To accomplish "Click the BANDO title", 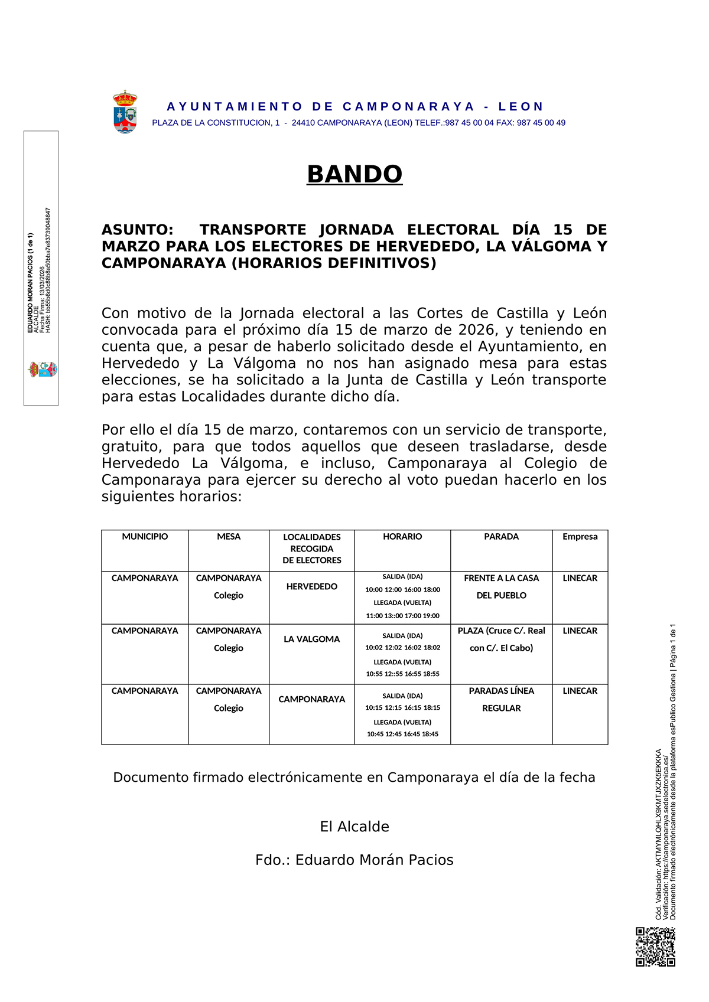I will [x=354, y=174].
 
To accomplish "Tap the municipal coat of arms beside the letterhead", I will [x=125, y=112].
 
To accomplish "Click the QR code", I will [x=655, y=946].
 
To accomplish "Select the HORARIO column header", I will [x=402, y=537].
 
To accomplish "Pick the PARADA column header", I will [x=501, y=537].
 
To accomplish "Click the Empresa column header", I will [x=580, y=537].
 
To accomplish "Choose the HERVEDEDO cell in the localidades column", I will [x=312, y=586].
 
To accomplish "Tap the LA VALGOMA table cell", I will [x=312, y=639].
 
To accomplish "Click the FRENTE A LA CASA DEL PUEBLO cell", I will [x=501, y=586].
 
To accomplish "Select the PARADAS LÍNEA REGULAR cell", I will [x=501, y=699].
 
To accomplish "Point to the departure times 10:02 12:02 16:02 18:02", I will [x=402, y=648].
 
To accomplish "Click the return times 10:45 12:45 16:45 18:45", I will [x=402, y=734].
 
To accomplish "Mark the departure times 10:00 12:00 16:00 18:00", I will [x=402, y=590].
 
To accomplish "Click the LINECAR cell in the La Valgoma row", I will [x=580, y=631].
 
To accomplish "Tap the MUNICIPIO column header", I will [x=145, y=537].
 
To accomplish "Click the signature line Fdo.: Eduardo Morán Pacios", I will [x=354, y=860].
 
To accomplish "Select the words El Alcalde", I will [x=354, y=827].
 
